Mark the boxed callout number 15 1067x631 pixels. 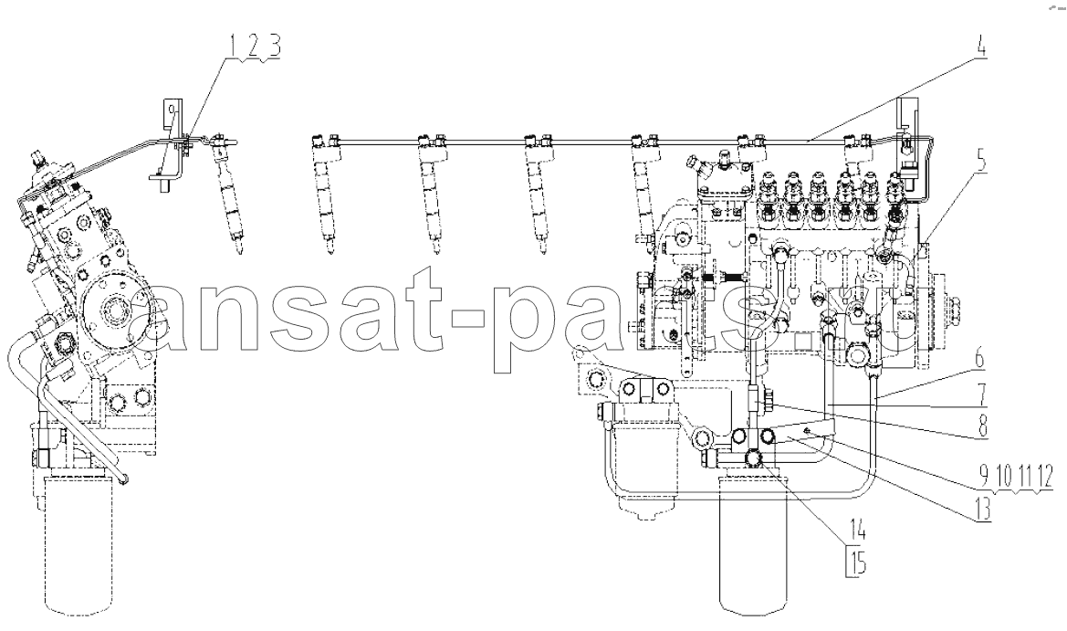[855, 563]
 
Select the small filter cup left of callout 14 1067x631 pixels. [643, 466]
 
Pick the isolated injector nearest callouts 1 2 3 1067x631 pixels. [226, 190]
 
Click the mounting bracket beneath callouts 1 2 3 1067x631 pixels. [169, 145]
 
